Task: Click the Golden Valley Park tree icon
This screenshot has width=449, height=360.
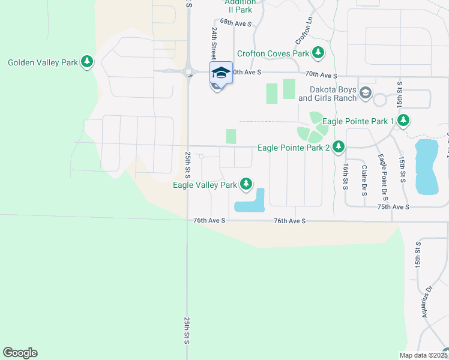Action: click(x=87, y=62)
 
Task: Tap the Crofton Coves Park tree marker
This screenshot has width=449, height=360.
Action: click(x=318, y=53)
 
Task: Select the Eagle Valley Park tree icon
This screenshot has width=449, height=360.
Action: click(x=246, y=184)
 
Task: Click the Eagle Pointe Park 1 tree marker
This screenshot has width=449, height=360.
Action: click(x=403, y=121)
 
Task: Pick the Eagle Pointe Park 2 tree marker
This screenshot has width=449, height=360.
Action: click(x=339, y=146)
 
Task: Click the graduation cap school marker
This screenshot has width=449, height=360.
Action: click(x=221, y=73)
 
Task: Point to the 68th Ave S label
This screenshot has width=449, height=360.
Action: click(x=235, y=22)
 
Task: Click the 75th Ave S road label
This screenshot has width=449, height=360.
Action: click(x=393, y=206)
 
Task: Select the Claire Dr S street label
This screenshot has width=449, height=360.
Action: click(x=364, y=178)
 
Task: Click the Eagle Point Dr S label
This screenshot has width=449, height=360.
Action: click(x=382, y=177)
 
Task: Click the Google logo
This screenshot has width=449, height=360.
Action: click(x=20, y=353)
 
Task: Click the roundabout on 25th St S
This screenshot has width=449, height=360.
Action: click(x=188, y=73)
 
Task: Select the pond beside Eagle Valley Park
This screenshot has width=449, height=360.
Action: click(x=252, y=203)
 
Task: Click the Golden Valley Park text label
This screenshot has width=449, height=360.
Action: click(x=43, y=62)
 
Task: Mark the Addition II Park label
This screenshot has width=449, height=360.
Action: click(x=240, y=6)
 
